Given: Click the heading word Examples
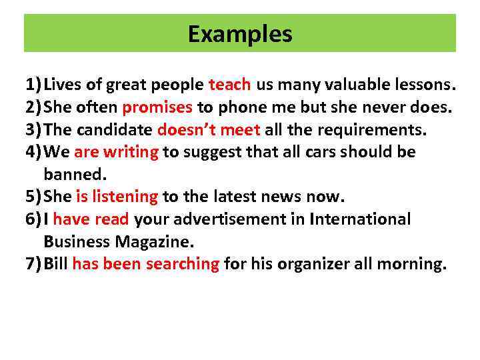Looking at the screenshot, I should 240,33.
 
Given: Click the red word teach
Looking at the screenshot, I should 230,85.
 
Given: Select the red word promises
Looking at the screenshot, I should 157,107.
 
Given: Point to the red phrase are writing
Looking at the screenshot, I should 116,152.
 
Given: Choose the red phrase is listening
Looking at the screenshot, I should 117,197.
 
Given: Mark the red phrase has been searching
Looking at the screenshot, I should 145,264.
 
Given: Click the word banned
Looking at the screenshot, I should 75,175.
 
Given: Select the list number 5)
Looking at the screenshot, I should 33,197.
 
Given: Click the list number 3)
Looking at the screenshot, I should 33,129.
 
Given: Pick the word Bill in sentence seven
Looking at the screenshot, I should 56,264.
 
